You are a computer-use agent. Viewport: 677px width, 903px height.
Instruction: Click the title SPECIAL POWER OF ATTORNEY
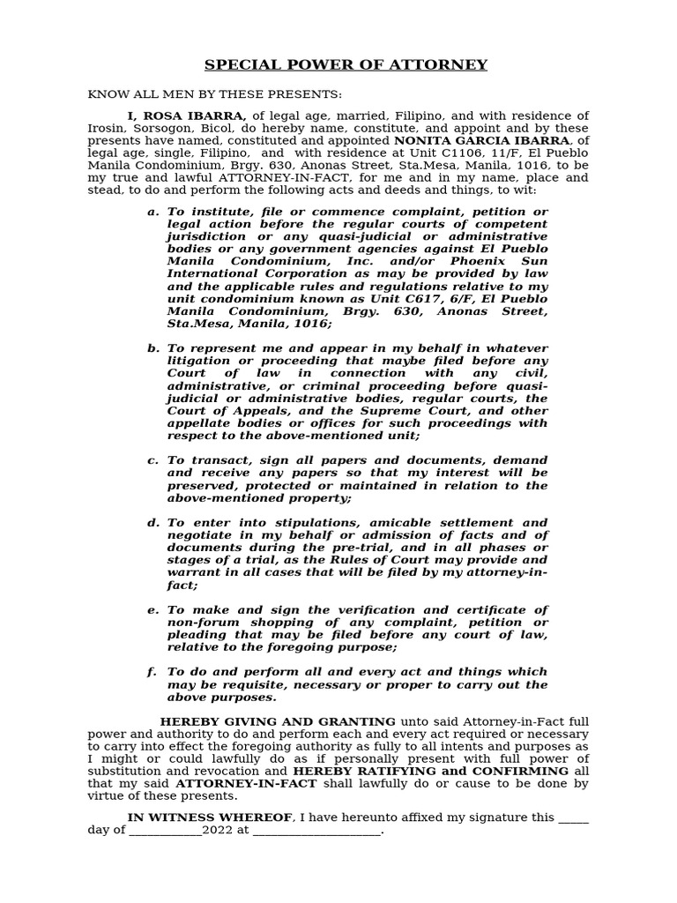click(x=346, y=65)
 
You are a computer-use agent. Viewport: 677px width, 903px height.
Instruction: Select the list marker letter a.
click(x=153, y=212)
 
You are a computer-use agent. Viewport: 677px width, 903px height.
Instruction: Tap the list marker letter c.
click(x=153, y=460)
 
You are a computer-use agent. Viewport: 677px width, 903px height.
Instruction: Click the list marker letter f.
click(x=152, y=672)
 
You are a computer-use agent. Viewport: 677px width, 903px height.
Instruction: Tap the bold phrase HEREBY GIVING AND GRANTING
click(x=278, y=721)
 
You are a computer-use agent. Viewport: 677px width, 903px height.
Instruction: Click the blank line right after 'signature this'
click(x=574, y=817)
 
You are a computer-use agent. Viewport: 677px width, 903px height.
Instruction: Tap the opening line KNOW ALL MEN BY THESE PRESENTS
click(x=214, y=94)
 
